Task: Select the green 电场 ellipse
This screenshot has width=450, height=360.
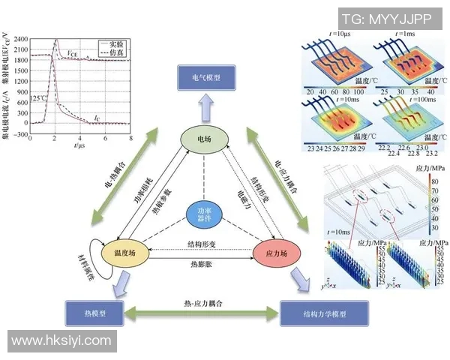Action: (204, 139)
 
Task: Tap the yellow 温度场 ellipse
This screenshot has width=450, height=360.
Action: (123, 253)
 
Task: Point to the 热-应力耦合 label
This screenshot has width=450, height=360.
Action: (202, 301)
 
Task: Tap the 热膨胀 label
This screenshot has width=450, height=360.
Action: (200, 265)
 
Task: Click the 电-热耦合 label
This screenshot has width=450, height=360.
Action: (112, 180)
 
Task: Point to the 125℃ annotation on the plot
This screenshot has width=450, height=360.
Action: (39, 98)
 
